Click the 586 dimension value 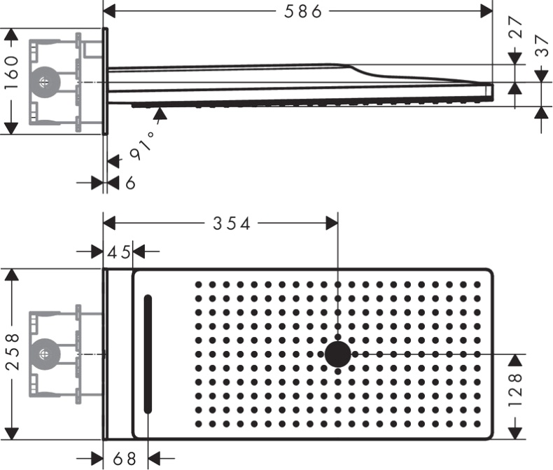coord(302,11)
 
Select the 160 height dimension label coord(11,73)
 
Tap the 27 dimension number coord(516,27)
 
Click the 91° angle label coord(141,146)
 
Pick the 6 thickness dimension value coord(130,183)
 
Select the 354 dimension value coord(232,223)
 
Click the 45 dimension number coord(119,252)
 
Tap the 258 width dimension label coord(13,352)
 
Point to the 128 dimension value coord(516,390)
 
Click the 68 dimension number coord(125,459)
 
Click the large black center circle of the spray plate coord(338,354)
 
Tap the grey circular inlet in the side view coord(44,82)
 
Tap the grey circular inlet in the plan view coord(44,354)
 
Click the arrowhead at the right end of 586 coord(486,11)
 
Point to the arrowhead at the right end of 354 coord(332,223)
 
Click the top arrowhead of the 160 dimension coord(11,34)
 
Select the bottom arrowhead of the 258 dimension coord(13,434)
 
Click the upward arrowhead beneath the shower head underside coord(160,113)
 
